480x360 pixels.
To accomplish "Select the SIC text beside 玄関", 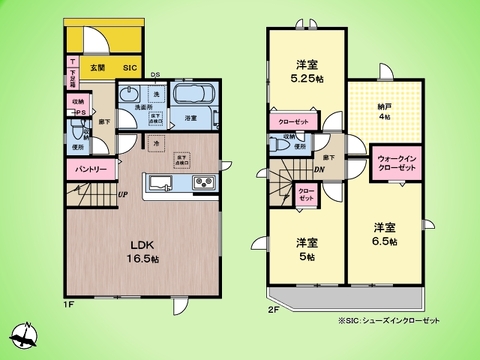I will tap(129, 67).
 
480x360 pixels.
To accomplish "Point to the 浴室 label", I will tap(189, 119).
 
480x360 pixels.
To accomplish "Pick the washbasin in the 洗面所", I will tap(129, 96).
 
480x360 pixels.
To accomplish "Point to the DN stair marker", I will tap(319, 169).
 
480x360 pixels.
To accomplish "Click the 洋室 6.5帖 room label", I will tap(386, 234).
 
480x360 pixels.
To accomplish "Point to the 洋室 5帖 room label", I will tap(306, 249).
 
